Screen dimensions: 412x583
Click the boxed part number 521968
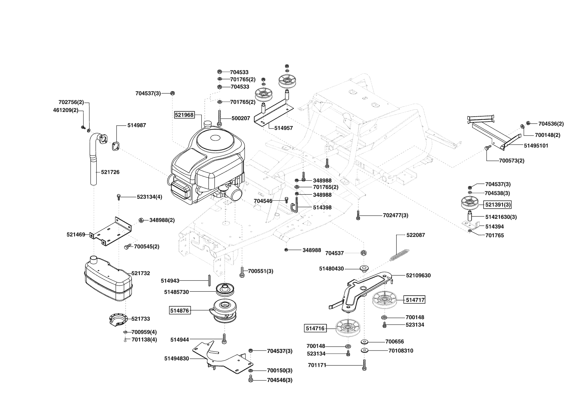184,115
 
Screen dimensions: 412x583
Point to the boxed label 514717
415,300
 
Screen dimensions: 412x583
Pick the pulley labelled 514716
348,328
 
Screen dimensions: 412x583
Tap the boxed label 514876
179,311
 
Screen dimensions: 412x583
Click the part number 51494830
176,359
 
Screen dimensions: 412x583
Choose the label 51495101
536,146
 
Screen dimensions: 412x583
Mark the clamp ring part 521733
118,320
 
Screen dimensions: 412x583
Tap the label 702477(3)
396,215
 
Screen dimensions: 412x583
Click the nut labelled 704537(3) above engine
173,93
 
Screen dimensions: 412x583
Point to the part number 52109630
418,275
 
